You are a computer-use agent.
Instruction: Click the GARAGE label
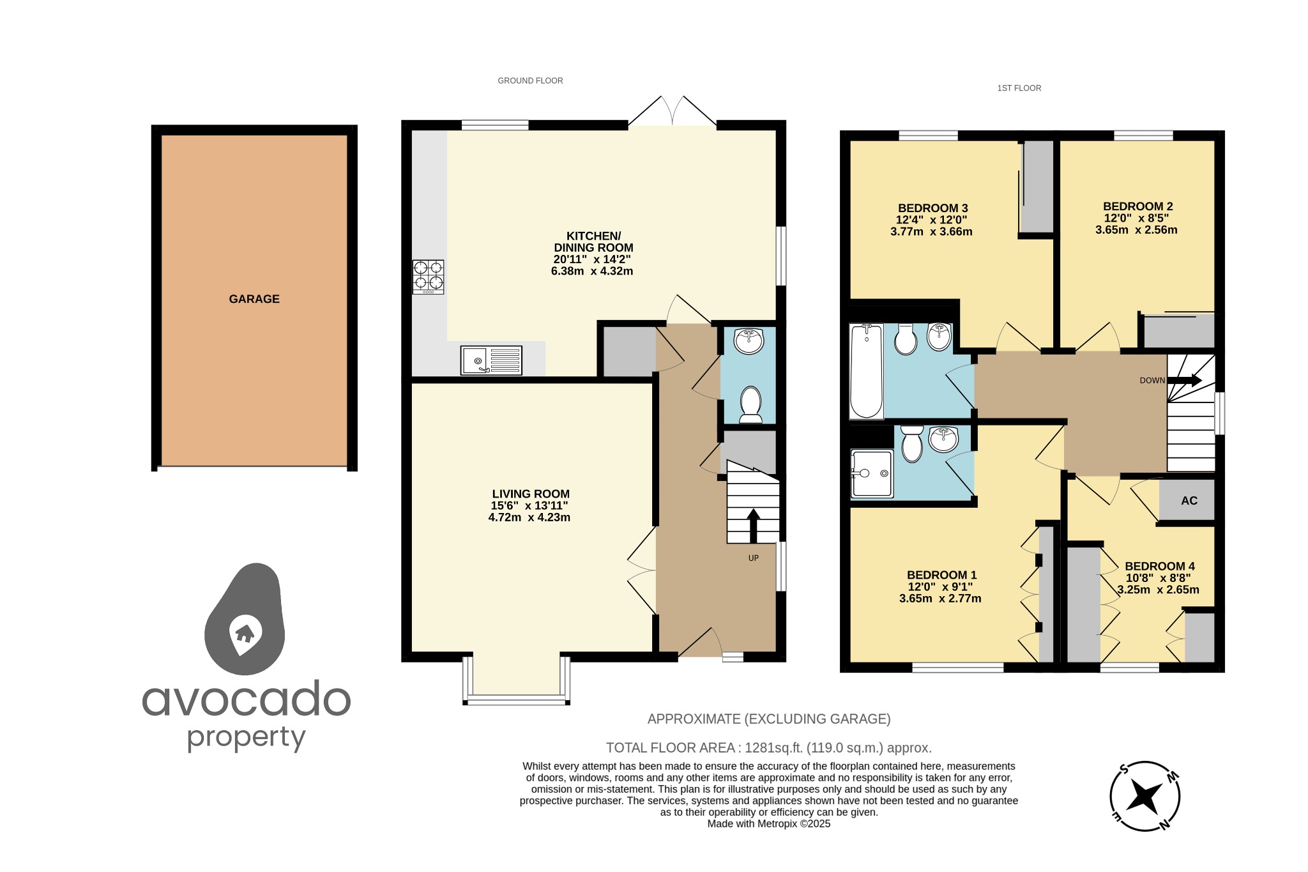[254, 299]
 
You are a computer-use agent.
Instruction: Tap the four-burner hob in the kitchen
[428, 277]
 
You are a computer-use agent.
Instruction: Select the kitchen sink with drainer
[490, 360]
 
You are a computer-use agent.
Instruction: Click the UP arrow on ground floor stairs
[754, 525]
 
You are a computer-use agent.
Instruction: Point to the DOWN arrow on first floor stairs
[1185, 381]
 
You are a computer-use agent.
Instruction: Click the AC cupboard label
[1189, 501]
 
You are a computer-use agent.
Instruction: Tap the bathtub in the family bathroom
[866, 371]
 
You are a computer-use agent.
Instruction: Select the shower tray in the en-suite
[872, 473]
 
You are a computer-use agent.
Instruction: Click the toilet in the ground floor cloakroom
[750, 405]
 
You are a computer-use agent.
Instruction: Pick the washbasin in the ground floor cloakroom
[749, 340]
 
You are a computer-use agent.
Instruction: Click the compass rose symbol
[1144, 796]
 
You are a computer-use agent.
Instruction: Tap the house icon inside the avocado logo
[244, 633]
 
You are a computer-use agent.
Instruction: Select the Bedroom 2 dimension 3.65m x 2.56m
[1136, 230]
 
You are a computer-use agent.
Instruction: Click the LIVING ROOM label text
[530, 494]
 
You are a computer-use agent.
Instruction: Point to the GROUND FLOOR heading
[530, 80]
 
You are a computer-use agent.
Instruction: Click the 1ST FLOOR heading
[1019, 88]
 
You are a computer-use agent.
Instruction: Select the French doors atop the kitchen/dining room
[672, 112]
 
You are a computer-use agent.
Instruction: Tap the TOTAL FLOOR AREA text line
[768, 747]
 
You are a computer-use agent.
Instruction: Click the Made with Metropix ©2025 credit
[768, 824]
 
